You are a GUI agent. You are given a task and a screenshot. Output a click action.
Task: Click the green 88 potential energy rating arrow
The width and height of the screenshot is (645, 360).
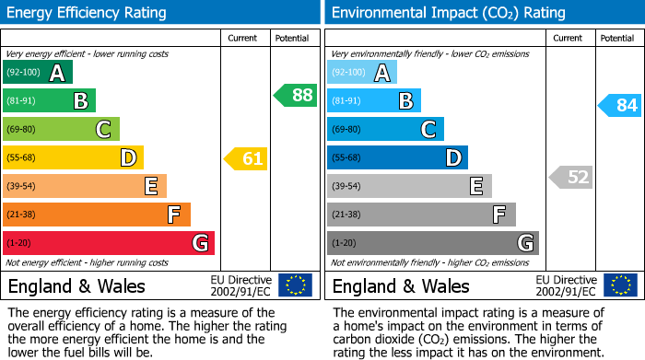pos(295,95)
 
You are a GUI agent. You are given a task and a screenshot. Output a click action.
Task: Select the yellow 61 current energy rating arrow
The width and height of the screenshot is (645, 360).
pos(246,159)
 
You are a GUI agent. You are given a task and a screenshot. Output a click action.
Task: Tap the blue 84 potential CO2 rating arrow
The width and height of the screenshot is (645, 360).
pos(620,106)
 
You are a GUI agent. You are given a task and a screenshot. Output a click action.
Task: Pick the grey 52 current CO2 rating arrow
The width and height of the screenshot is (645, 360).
pos(571,177)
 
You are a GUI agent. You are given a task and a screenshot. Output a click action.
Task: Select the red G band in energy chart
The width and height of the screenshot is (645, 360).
pos(109,243)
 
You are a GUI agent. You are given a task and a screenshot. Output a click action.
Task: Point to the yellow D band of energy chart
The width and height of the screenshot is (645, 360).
pos(73,158)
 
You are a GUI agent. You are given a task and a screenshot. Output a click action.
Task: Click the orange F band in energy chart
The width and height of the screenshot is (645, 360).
pos(97,215)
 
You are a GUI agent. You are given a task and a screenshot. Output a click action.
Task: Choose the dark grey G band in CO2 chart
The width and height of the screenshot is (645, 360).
pos(432,243)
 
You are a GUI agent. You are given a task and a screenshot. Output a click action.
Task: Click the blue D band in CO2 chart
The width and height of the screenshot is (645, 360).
pos(397,158)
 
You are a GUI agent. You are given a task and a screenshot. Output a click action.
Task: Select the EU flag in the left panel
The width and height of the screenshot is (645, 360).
pos(295,285)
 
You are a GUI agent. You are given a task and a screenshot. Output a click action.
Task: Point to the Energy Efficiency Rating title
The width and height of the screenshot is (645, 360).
pos(88,13)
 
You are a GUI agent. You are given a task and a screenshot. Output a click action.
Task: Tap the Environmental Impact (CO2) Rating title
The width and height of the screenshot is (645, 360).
pos(448,13)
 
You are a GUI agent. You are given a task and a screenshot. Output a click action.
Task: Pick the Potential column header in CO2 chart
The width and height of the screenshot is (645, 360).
pos(616,38)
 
